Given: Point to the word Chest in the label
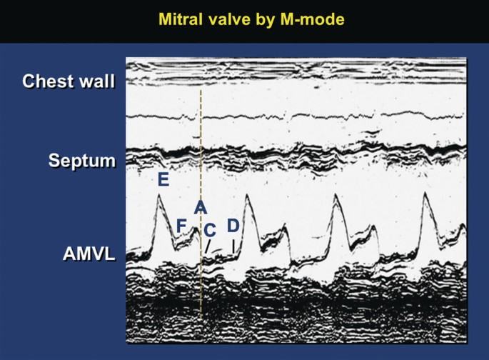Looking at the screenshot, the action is tap(47, 81).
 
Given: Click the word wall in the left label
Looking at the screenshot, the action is tap(96, 81).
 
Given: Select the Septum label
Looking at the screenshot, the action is tap(81, 161).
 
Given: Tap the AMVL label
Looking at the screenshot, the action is tap(89, 254).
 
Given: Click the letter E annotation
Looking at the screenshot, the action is tap(163, 180).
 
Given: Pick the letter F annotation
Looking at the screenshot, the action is tap(181, 226).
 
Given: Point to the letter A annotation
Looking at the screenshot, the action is tap(200, 207).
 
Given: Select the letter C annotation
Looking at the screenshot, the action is tap(210, 231).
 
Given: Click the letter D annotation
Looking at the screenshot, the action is tap(233, 226).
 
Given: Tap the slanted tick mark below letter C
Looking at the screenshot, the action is tap(208, 246).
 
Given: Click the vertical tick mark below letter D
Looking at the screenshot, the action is tap(233, 246).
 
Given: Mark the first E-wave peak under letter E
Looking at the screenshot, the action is tap(158, 195).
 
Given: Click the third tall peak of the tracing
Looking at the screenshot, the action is tap(336, 194).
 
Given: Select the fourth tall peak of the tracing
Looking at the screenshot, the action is tap(425, 193).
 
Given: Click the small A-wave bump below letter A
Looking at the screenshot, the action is tap(196, 229).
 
